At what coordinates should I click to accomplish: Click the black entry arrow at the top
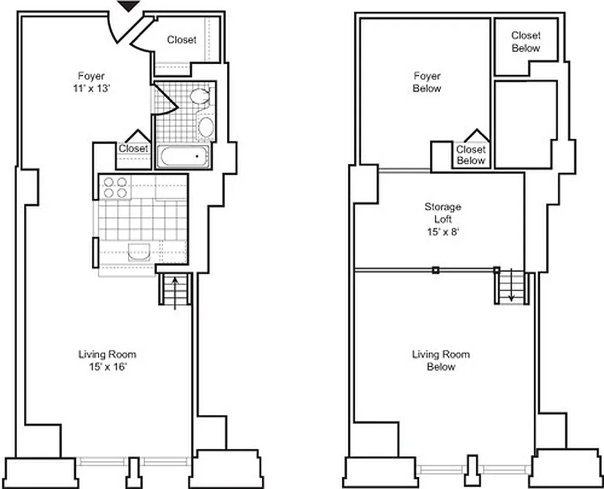128,6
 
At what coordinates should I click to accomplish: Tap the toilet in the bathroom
200,97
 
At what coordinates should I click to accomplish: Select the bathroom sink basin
206,128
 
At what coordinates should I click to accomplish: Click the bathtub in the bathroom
183,157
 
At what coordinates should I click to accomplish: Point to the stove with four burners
115,187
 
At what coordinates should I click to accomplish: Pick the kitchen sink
138,252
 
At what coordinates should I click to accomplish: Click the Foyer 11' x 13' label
91,82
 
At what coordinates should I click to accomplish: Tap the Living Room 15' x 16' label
107,361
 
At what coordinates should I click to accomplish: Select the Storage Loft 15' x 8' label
443,219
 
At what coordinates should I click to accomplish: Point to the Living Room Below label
441,361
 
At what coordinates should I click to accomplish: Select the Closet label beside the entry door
182,40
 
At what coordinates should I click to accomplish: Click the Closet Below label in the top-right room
526,42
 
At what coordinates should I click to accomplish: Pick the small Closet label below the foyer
133,149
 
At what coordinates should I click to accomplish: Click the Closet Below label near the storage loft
471,155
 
